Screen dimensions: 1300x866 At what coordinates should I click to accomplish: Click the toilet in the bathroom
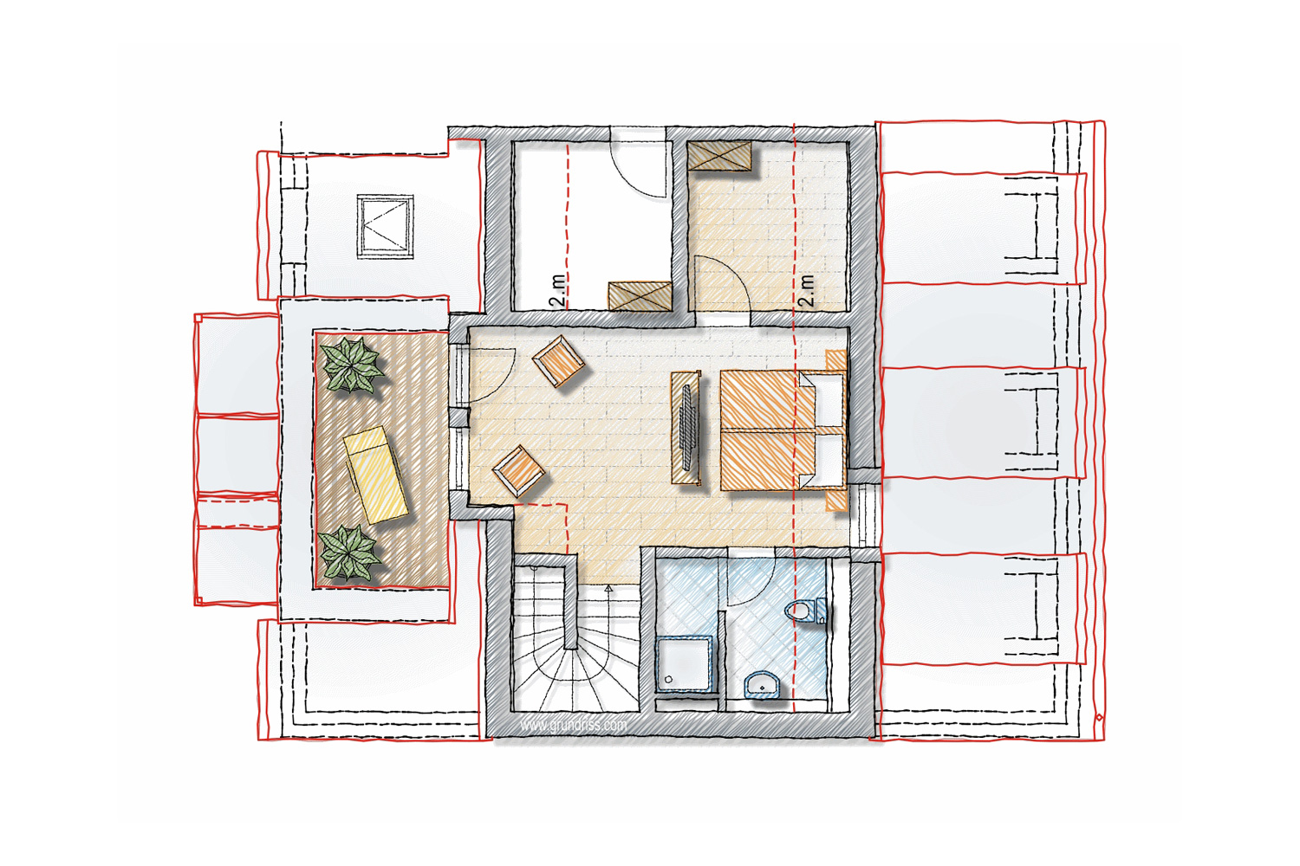point(806,611)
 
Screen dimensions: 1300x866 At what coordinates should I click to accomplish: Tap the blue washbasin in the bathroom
point(762,684)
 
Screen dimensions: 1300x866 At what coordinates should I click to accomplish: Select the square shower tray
point(685,663)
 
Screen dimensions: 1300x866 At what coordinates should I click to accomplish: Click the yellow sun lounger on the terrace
point(375,475)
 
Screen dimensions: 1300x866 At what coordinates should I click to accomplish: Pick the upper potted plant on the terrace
point(352,365)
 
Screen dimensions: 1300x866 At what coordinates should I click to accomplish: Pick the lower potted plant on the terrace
point(349,553)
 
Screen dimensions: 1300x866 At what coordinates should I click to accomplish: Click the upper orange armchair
point(558,361)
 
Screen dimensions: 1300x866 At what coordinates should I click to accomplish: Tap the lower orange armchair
point(518,471)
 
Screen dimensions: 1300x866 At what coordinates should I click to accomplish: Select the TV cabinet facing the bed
point(686,428)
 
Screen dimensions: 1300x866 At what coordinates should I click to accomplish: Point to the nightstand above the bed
point(835,360)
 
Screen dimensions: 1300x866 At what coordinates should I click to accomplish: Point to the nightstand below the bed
point(835,501)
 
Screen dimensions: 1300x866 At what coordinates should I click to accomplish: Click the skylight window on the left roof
point(386,226)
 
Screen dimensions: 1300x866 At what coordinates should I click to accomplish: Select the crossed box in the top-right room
point(719,155)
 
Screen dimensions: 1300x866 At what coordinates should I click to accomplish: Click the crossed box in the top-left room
point(640,296)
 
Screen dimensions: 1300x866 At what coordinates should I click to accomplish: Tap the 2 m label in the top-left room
point(557,291)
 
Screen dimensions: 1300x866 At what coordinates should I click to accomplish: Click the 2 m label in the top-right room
point(806,291)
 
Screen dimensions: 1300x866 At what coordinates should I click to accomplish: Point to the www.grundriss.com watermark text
point(574,725)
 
